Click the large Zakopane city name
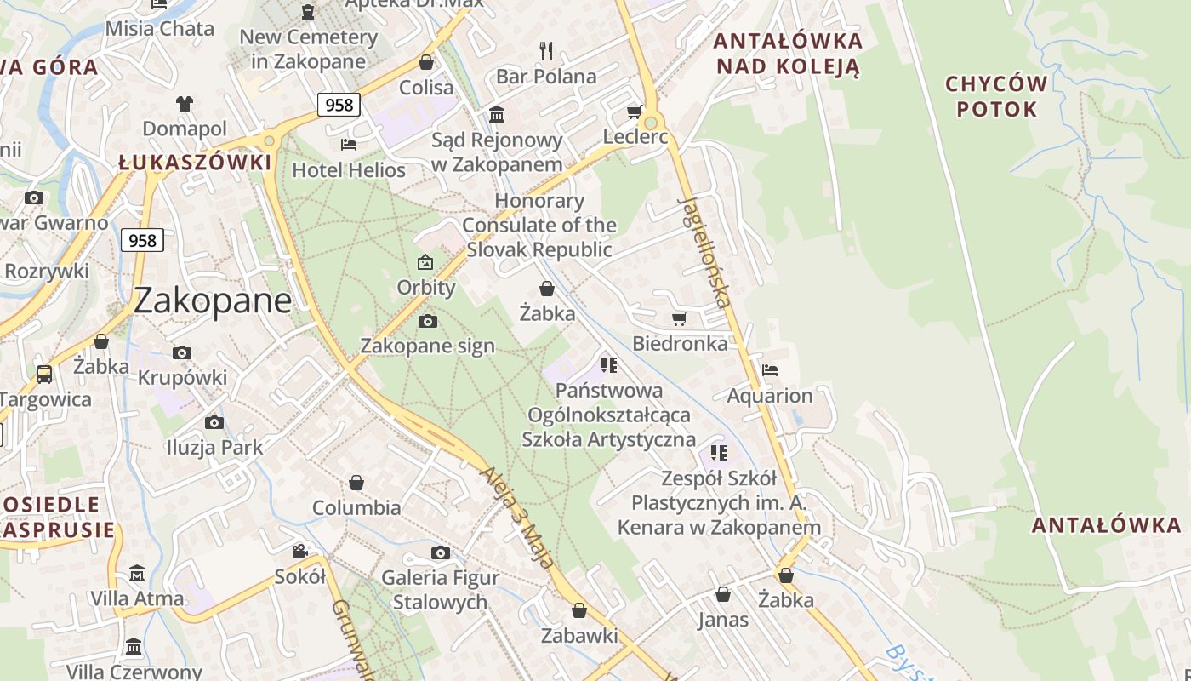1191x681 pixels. point(213,300)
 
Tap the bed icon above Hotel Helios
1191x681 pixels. point(349,144)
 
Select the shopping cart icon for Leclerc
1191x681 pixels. point(635,112)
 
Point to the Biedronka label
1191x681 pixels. point(680,343)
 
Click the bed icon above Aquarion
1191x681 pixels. point(770,369)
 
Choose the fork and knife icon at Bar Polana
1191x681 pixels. point(546,50)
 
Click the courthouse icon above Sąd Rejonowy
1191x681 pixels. point(497,113)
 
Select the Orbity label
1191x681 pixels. point(426,287)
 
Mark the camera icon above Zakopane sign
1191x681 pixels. point(428,321)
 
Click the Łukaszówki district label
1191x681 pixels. point(195,162)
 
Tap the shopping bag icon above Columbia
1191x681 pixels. point(356,483)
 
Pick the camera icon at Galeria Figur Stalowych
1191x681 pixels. point(440,553)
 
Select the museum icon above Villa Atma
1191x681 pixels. point(137,573)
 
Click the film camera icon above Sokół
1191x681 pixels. point(299,551)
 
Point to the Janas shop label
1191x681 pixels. point(723,620)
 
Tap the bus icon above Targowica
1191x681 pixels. point(44,374)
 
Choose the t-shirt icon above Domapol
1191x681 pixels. point(185,104)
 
